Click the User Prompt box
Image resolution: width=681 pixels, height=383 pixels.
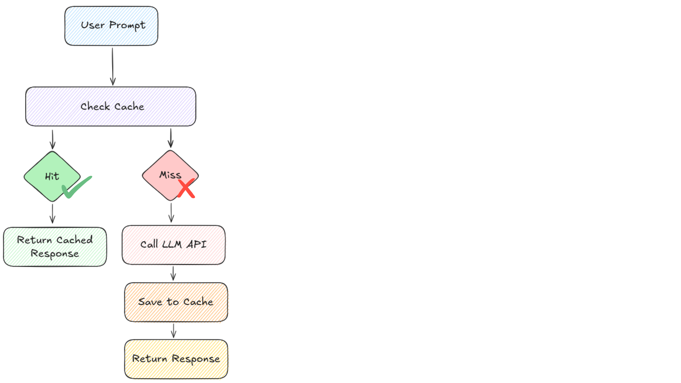[x=111, y=26]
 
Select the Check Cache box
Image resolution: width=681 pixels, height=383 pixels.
[x=111, y=106]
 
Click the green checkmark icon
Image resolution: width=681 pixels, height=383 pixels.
[x=76, y=187]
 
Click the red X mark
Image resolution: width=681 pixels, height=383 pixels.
[x=186, y=189]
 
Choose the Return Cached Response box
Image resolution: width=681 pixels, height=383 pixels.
[x=55, y=247]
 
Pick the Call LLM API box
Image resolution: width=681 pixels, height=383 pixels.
[x=173, y=245]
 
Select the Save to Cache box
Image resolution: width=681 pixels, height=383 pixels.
[x=176, y=302]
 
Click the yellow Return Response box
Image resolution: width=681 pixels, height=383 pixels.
[x=176, y=359]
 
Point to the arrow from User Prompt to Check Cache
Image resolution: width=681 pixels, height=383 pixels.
[x=113, y=66]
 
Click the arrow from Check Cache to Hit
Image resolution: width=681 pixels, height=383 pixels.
[x=52, y=139]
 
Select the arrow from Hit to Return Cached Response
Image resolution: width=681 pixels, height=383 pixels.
[x=52, y=213]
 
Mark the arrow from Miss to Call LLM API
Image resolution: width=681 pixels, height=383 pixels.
[x=171, y=212]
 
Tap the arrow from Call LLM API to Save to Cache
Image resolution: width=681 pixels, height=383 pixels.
[x=173, y=273]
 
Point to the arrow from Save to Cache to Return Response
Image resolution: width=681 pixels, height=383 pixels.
[x=173, y=331]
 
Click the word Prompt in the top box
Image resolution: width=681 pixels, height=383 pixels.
[x=127, y=25]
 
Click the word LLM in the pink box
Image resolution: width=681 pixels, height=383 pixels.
[x=172, y=244]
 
